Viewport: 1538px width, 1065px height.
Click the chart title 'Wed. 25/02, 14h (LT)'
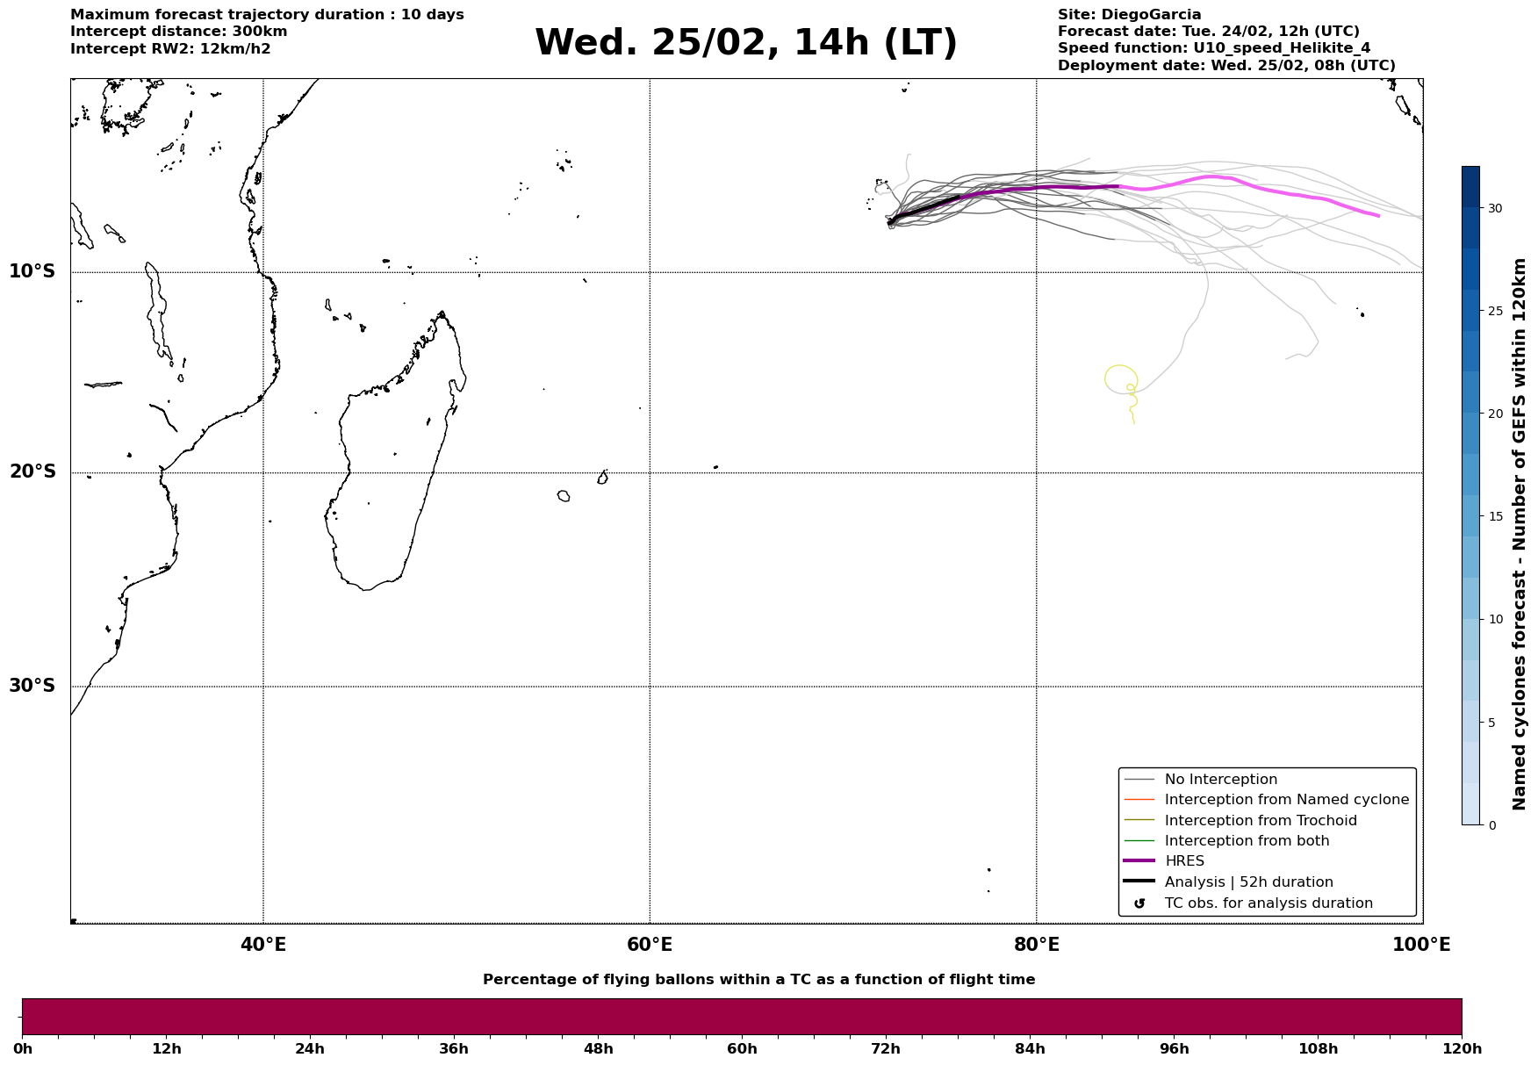[745, 43]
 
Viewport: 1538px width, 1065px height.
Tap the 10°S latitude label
[32, 272]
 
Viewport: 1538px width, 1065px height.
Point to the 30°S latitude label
[32, 686]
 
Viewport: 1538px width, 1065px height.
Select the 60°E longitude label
[650, 946]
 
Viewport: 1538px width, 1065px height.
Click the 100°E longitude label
[1421, 946]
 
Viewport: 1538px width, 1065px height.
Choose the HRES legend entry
[1183, 861]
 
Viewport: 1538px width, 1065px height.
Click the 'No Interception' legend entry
[1220, 780]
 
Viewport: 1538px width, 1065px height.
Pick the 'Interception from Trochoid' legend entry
[1260, 821]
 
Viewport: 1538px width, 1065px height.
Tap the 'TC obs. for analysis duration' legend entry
[1268, 903]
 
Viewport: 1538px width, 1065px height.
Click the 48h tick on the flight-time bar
[599, 1049]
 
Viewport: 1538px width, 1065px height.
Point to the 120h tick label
[1462, 1049]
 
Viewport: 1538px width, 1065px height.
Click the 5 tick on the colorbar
[1491, 723]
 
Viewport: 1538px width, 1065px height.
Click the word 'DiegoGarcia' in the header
[1151, 15]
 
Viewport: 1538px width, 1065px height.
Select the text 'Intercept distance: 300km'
[179, 32]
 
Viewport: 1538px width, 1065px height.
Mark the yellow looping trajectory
[1120, 379]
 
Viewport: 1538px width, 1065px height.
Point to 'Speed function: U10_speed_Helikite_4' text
[1213, 48]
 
